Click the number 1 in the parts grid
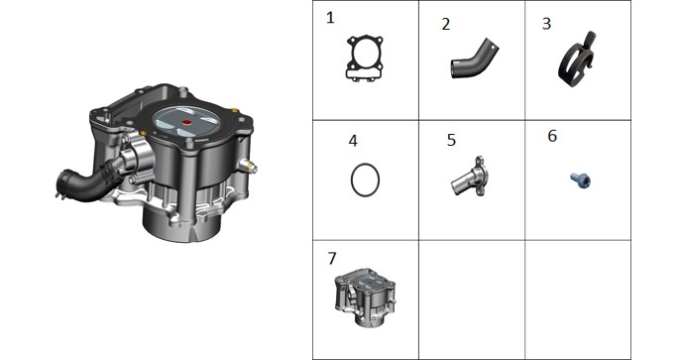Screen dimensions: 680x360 point(330,18)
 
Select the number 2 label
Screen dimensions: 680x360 point(446,24)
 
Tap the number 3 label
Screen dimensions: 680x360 point(546,24)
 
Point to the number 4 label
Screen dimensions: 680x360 point(353,141)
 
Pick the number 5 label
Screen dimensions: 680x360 point(451,140)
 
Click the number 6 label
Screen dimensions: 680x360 point(552,136)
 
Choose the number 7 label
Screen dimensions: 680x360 point(332,258)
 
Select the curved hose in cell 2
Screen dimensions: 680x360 point(475,60)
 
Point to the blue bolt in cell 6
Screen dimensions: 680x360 point(580,180)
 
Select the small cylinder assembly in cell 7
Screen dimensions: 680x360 point(365,298)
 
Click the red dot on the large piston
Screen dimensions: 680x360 point(187,123)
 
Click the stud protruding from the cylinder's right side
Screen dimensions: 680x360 point(249,167)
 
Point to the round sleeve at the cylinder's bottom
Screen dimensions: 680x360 point(182,225)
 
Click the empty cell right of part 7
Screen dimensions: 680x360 point(472,300)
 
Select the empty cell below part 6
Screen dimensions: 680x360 point(578,300)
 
